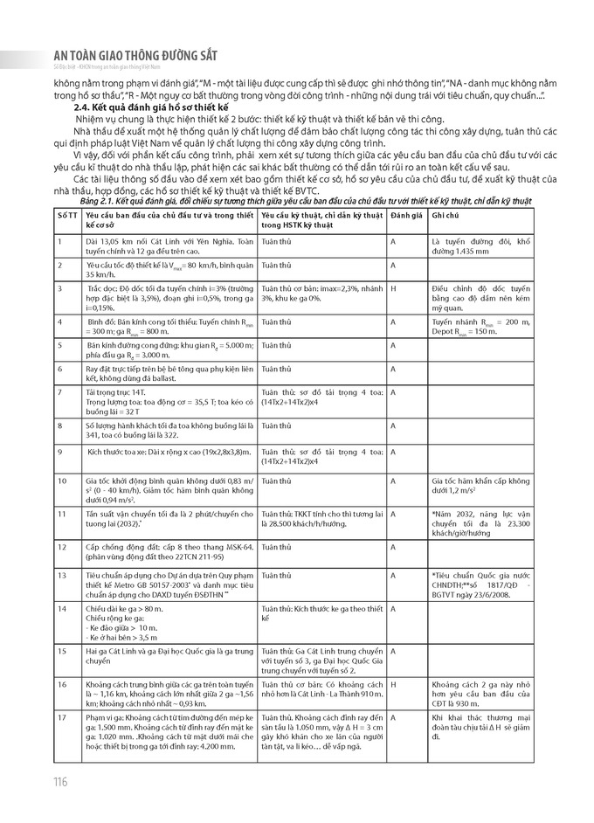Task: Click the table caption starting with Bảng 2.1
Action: click(x=297, y=200)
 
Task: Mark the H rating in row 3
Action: click(x=393, y=287)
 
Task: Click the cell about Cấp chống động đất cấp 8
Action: click(x=156, y=551)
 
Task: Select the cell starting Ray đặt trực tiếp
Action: click(x=156, y=373)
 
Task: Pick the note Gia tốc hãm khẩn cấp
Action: click(x=480, y=485)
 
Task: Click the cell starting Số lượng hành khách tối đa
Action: click(x=156, y=429)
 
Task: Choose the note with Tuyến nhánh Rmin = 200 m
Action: click(x=480, y=326)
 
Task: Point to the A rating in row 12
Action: click(x=393, y=547)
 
